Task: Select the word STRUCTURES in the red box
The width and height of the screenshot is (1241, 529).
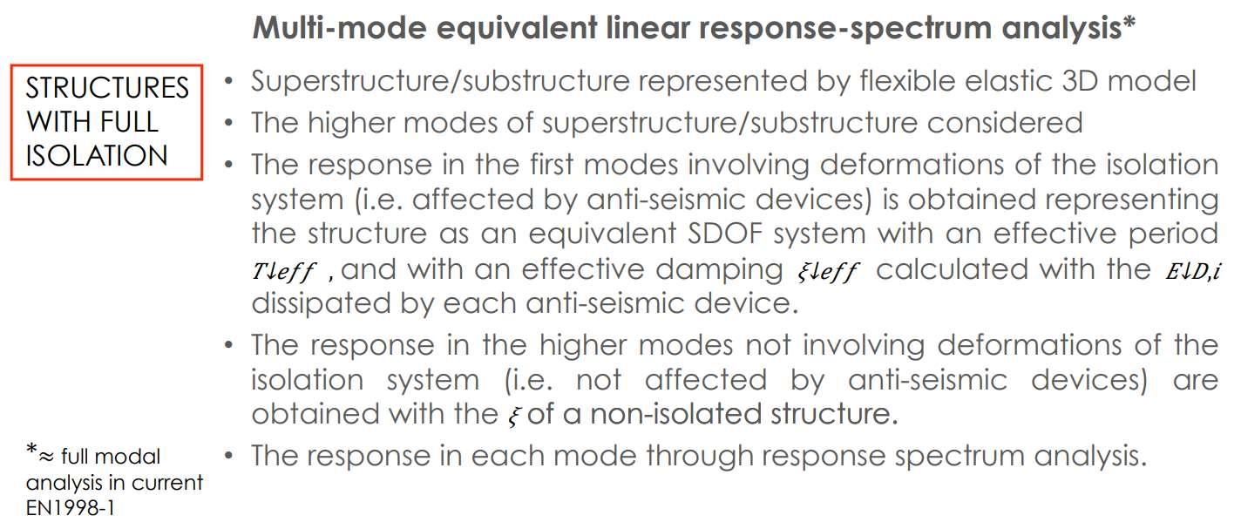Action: point(107,88)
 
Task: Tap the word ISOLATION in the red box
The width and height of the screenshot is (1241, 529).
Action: point(96,155)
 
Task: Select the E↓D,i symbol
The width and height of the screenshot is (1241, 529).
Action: point(1190,271)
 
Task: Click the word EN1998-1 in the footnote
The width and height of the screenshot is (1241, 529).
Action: point(70,508)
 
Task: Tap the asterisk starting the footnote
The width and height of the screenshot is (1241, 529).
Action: point(31,451)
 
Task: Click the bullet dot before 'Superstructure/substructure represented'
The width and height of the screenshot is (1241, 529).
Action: point(227,82)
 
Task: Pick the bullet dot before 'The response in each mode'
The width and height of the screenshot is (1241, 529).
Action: point(227,455)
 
